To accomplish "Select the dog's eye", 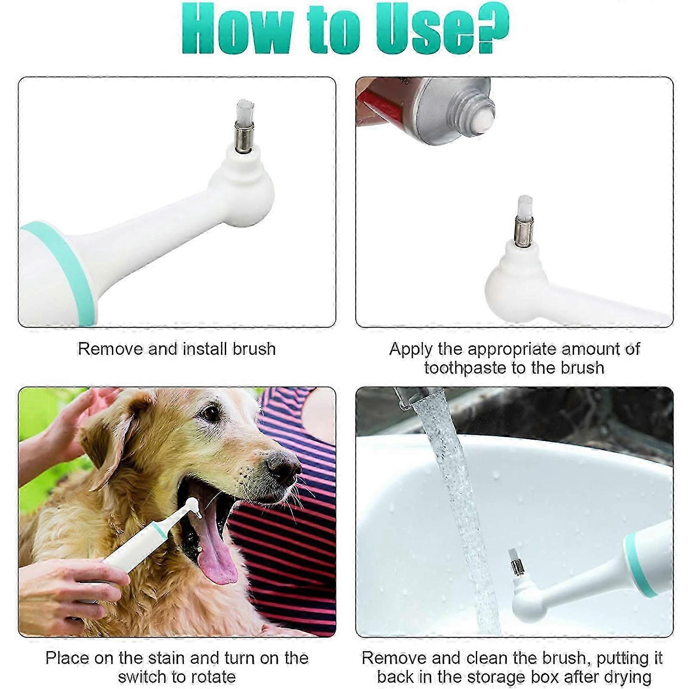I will [x=211, y=413].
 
